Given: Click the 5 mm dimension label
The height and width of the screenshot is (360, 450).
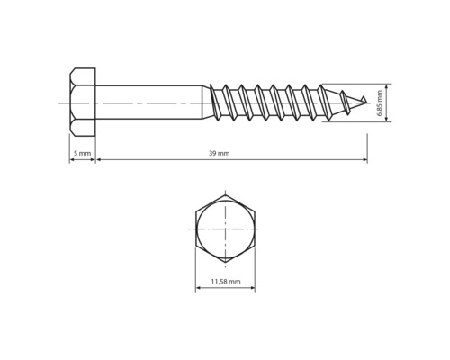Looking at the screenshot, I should click(83, 154).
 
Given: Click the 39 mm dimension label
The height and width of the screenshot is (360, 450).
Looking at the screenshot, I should click(220, 154).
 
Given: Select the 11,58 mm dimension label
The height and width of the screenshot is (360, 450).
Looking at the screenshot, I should click(225, 282).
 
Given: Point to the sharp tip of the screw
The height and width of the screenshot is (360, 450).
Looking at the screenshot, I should click(366, 102).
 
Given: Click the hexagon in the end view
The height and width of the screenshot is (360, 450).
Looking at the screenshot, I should click(225, 229).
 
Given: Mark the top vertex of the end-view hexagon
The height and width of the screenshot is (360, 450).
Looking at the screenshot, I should click(225, 193).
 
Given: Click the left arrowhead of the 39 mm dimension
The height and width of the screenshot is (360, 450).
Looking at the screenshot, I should click(99, 160).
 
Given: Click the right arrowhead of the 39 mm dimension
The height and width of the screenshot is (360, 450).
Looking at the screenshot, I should click(364, 160).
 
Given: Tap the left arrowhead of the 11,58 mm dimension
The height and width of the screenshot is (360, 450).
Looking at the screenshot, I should click(198, 288).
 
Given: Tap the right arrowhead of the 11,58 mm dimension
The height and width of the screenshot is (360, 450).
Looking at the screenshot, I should click(252, 288).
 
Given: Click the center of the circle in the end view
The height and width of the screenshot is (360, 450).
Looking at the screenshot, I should click(225, 229).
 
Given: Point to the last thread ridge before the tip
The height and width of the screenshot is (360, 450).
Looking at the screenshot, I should click(346, 102).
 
